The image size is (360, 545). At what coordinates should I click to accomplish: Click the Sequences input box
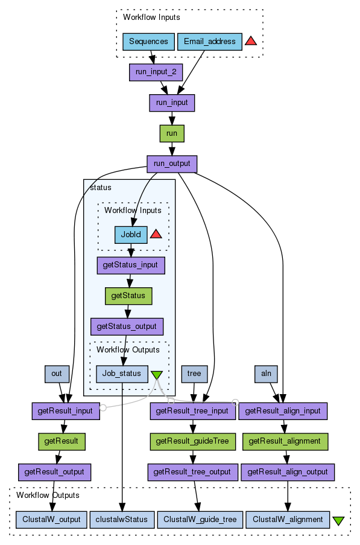(148, 42)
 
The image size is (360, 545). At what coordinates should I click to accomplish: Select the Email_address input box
(210, 42)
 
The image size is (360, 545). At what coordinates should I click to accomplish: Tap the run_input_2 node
(156, 72)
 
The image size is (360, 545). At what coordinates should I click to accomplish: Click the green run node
(172, 133)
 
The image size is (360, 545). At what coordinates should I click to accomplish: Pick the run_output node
(172, 164)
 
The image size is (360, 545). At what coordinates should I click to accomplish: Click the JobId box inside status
(131, 235)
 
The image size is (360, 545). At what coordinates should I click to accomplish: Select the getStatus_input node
(131, 265)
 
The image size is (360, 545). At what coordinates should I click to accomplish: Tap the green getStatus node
(128, 296)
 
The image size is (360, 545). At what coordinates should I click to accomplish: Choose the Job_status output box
(122, 374)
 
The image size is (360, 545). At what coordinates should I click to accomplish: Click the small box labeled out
(57, 374)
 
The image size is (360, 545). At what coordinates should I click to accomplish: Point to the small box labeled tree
(194, 374)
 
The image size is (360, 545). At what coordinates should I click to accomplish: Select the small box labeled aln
(266, 374)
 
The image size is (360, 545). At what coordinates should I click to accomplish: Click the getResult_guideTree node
(193, 441)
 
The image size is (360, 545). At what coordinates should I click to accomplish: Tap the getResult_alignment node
(285, 441)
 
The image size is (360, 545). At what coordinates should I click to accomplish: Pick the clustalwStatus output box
(122, 520)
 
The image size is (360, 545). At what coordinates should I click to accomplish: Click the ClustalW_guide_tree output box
(200, 520)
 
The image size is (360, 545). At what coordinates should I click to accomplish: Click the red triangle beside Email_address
(251, 42)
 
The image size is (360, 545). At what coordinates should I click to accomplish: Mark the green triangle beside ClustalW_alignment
(338, 520)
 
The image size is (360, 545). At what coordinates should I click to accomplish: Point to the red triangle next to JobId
(156, 234)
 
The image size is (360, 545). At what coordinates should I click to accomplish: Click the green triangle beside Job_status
(157, 375)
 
